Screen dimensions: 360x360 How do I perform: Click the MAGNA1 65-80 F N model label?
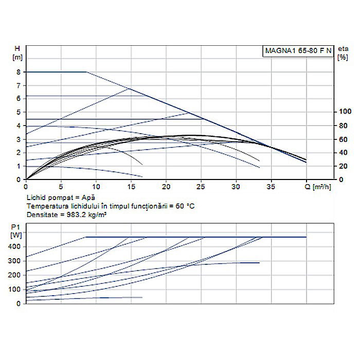(x=298, y=51)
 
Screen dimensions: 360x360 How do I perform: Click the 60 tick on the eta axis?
(x=342, y=139)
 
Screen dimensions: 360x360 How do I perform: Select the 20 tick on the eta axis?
(x=342, y=166)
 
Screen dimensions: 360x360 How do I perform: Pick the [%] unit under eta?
(x=341, y=57)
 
